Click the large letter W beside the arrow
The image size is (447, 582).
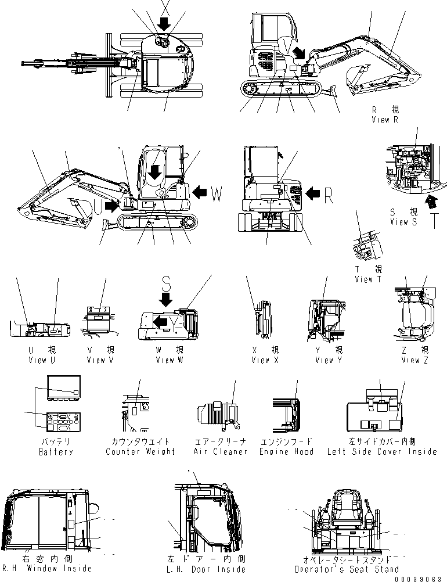[x=216, y=195]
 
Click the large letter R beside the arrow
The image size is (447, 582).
[x=328, y=196]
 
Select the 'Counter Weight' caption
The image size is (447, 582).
[x=140, y=451]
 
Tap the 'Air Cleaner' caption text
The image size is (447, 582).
[x=220, y=451]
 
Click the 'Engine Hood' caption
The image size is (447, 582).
[x=286, y=451]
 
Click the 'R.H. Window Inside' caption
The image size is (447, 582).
[x=47, y=569]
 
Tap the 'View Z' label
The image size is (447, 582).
[x=414, y=360]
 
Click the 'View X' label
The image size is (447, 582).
[x=265, y=360]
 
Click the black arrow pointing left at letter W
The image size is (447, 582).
[x=200, y=192]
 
